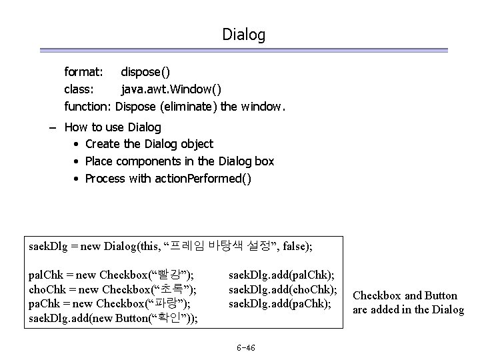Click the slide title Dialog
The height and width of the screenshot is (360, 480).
[x=244, y=34]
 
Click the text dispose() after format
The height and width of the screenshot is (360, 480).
[x=145, y=71]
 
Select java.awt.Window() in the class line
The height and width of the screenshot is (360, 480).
[x=171, y=88]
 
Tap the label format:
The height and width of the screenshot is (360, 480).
[x=83, y=71]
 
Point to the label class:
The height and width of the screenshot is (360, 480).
[x=81, y=88]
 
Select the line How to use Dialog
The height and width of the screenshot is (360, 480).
[x=113, y=127]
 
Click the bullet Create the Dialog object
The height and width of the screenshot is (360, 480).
[x=149, y=144]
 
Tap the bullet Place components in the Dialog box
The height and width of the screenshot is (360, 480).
[x=179, y=161]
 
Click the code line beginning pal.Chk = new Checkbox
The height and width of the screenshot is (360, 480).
[x=111, y=275]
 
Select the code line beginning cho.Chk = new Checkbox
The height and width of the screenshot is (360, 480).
[x=112, y=289]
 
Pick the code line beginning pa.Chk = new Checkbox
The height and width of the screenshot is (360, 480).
[x=109, y=303]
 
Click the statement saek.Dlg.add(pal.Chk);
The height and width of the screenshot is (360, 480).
[x=282, y=275]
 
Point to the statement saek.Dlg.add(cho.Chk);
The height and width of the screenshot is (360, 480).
[x=283, y=289]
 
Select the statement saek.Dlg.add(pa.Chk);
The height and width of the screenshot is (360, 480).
[x=281, y=303]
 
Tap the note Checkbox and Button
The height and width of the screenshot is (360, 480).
[x=405, y=295]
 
